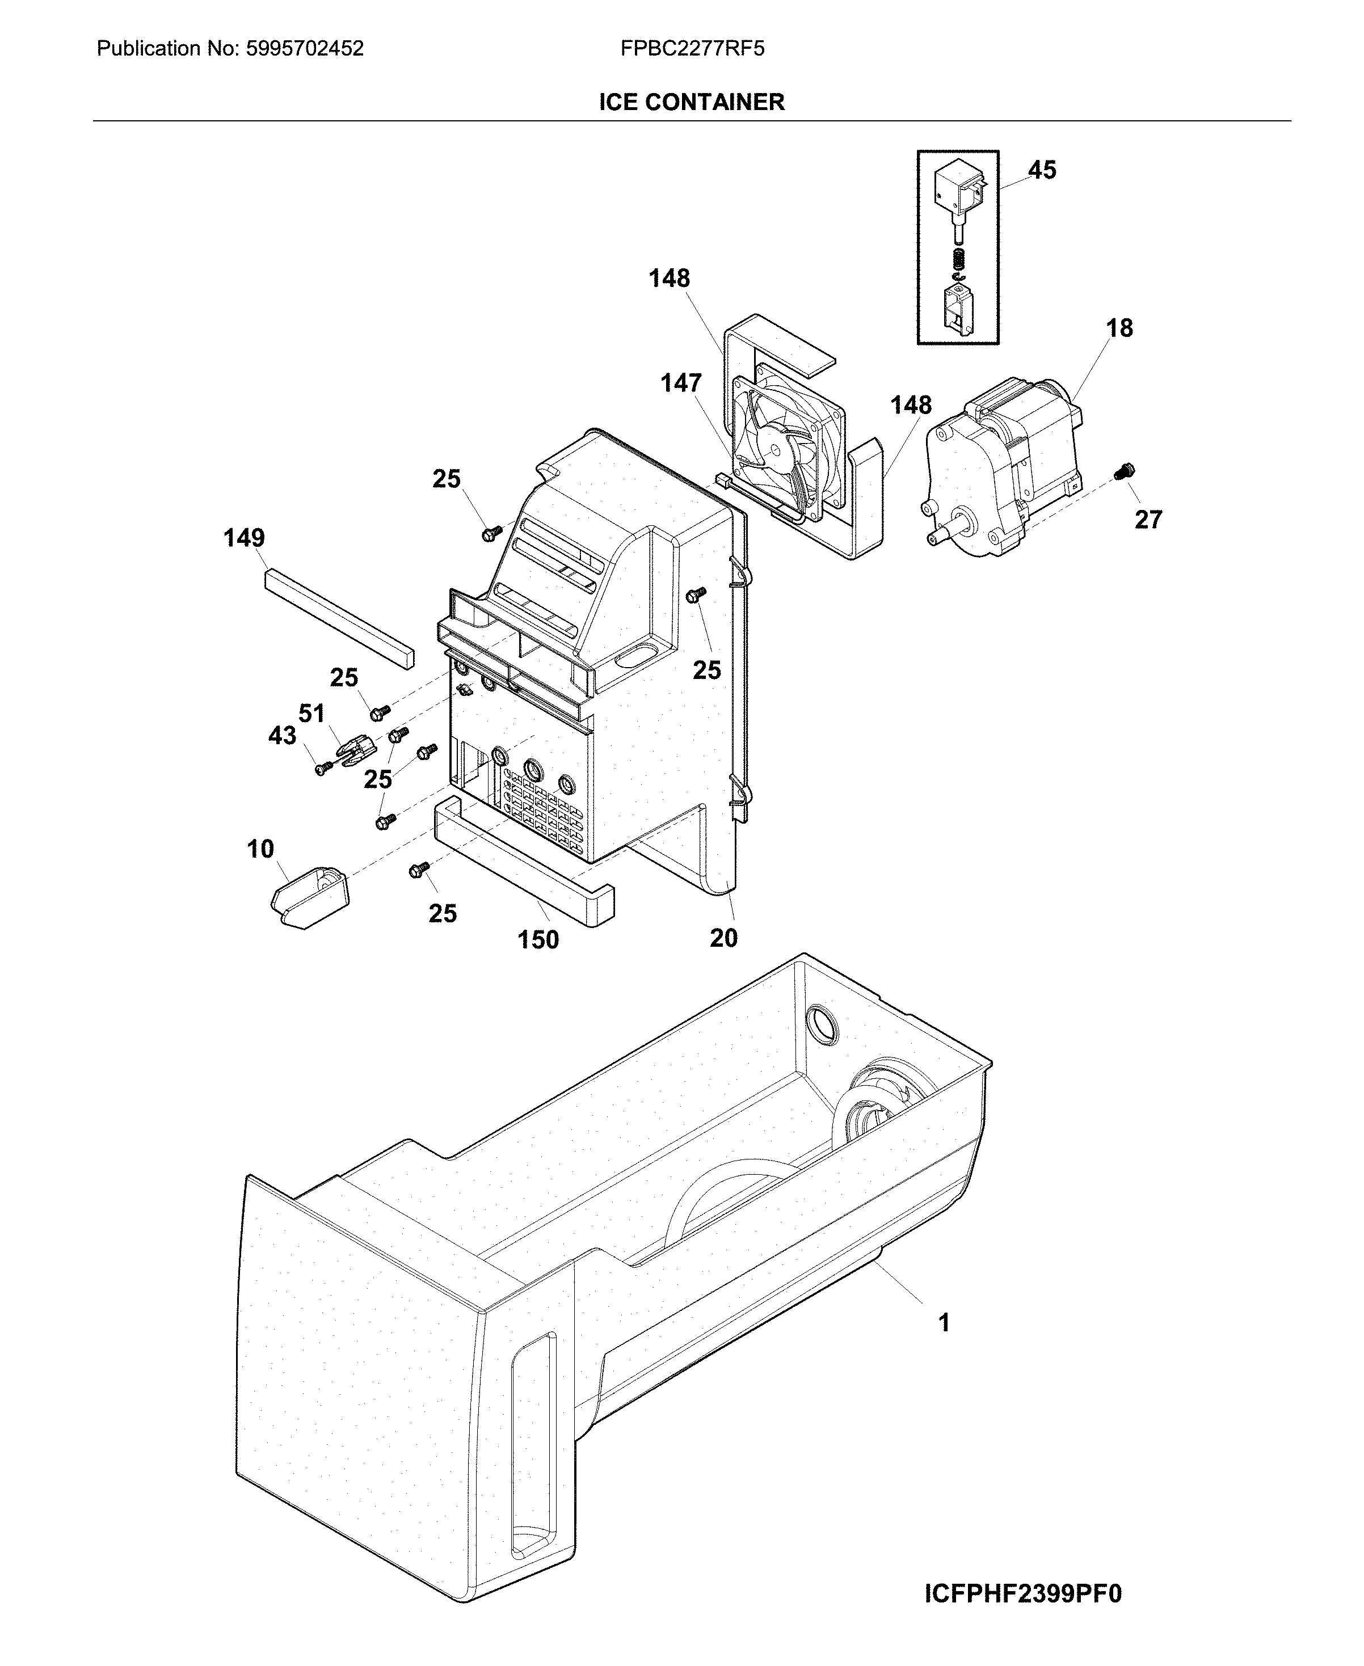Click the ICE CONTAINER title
click(692, 102)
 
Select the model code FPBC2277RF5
click(692, 49)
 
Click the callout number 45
click(1042, 170)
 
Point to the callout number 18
click(1119, 328)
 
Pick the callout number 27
click(1148, 519)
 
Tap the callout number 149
click(245, 538)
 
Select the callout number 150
click(538, 939)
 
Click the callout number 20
click(723, 938)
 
